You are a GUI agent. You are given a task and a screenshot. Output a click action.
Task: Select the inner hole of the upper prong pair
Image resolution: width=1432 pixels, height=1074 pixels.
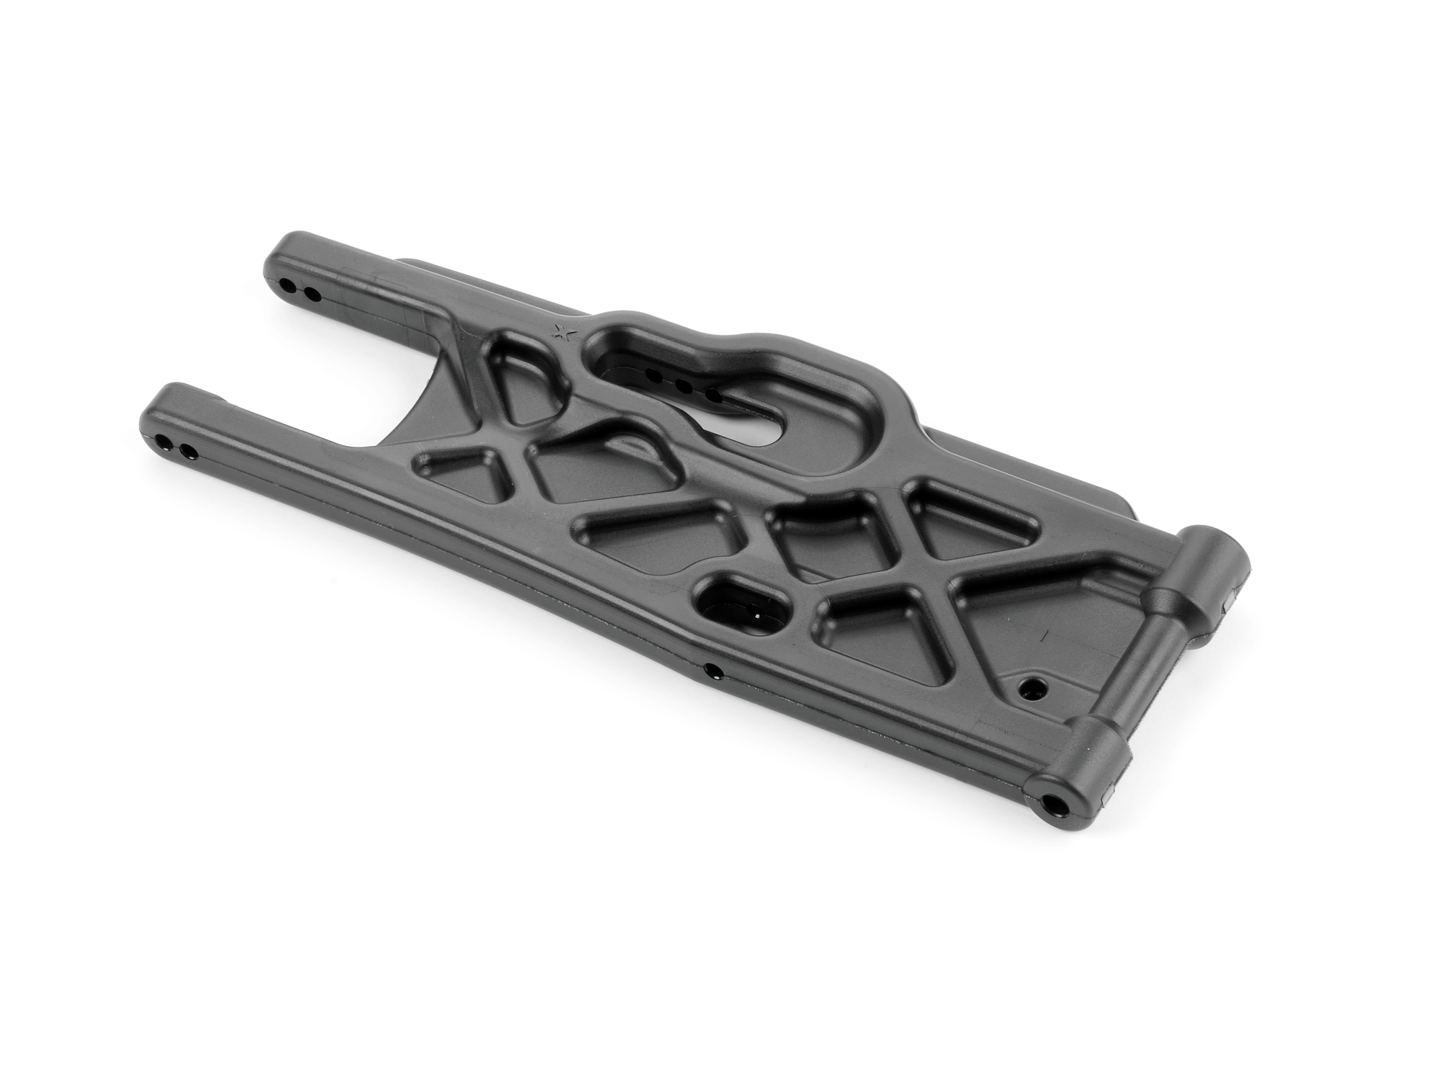pos(311,292)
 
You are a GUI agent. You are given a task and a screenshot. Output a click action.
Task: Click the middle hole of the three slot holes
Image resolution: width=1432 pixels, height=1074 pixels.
pos(683,384)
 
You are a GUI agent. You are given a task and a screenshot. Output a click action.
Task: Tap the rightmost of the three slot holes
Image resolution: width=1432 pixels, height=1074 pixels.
pos(712,395)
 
